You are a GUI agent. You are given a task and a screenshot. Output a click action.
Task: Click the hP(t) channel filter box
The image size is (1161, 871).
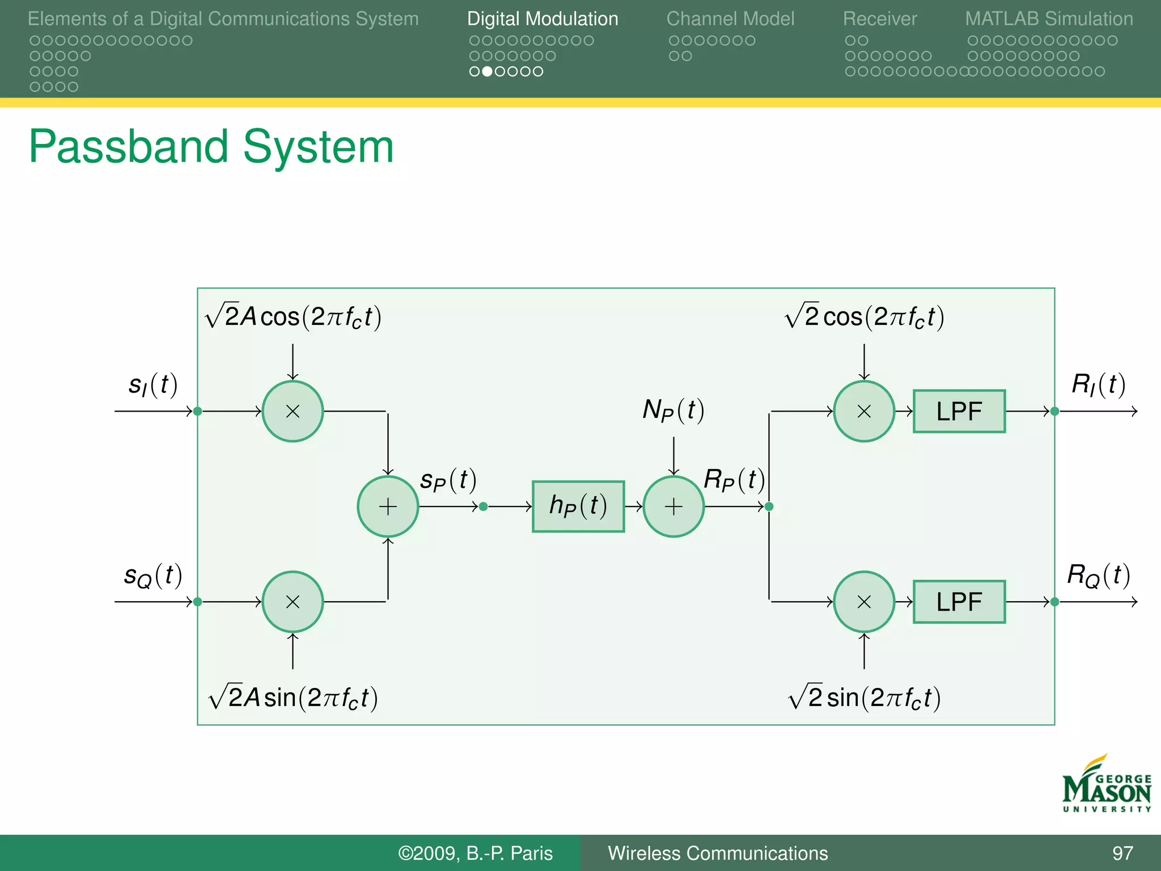pos(578,506)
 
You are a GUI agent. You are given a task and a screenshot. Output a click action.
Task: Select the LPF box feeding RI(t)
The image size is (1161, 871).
pos(959,411)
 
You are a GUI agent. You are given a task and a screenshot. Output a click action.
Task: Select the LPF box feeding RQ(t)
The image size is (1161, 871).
pos(959,602)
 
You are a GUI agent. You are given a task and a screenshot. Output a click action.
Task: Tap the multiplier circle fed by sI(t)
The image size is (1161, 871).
pos(293,411)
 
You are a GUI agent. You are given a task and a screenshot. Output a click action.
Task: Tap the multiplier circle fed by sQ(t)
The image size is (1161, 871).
pos(293,602)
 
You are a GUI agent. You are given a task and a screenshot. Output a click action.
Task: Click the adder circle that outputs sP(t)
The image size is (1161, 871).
pos(388,506)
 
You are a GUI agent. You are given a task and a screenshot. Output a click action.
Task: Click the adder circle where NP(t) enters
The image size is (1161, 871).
pos(673,506)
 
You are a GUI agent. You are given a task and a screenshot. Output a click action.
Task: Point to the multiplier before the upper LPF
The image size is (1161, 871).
pos(864,411)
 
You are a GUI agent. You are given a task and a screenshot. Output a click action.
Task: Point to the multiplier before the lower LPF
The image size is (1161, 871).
pos(864,602)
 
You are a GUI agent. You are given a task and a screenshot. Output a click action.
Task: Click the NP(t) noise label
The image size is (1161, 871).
pos(673,410)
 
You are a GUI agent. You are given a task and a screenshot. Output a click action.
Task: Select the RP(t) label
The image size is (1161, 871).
pos(734,480)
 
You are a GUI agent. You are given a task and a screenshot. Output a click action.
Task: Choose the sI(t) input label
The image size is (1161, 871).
pos(152,385)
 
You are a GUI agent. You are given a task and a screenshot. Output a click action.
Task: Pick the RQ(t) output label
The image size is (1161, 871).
pos(1098,576)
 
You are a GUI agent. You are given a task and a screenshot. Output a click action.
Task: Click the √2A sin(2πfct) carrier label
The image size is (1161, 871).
pos(293,697)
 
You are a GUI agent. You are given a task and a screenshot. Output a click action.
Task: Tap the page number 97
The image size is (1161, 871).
pos(1122,853)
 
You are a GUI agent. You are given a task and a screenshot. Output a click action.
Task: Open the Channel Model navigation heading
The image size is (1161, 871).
pos(730,19)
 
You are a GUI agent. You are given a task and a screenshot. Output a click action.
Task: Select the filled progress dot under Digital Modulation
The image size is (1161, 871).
pos(487,71)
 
